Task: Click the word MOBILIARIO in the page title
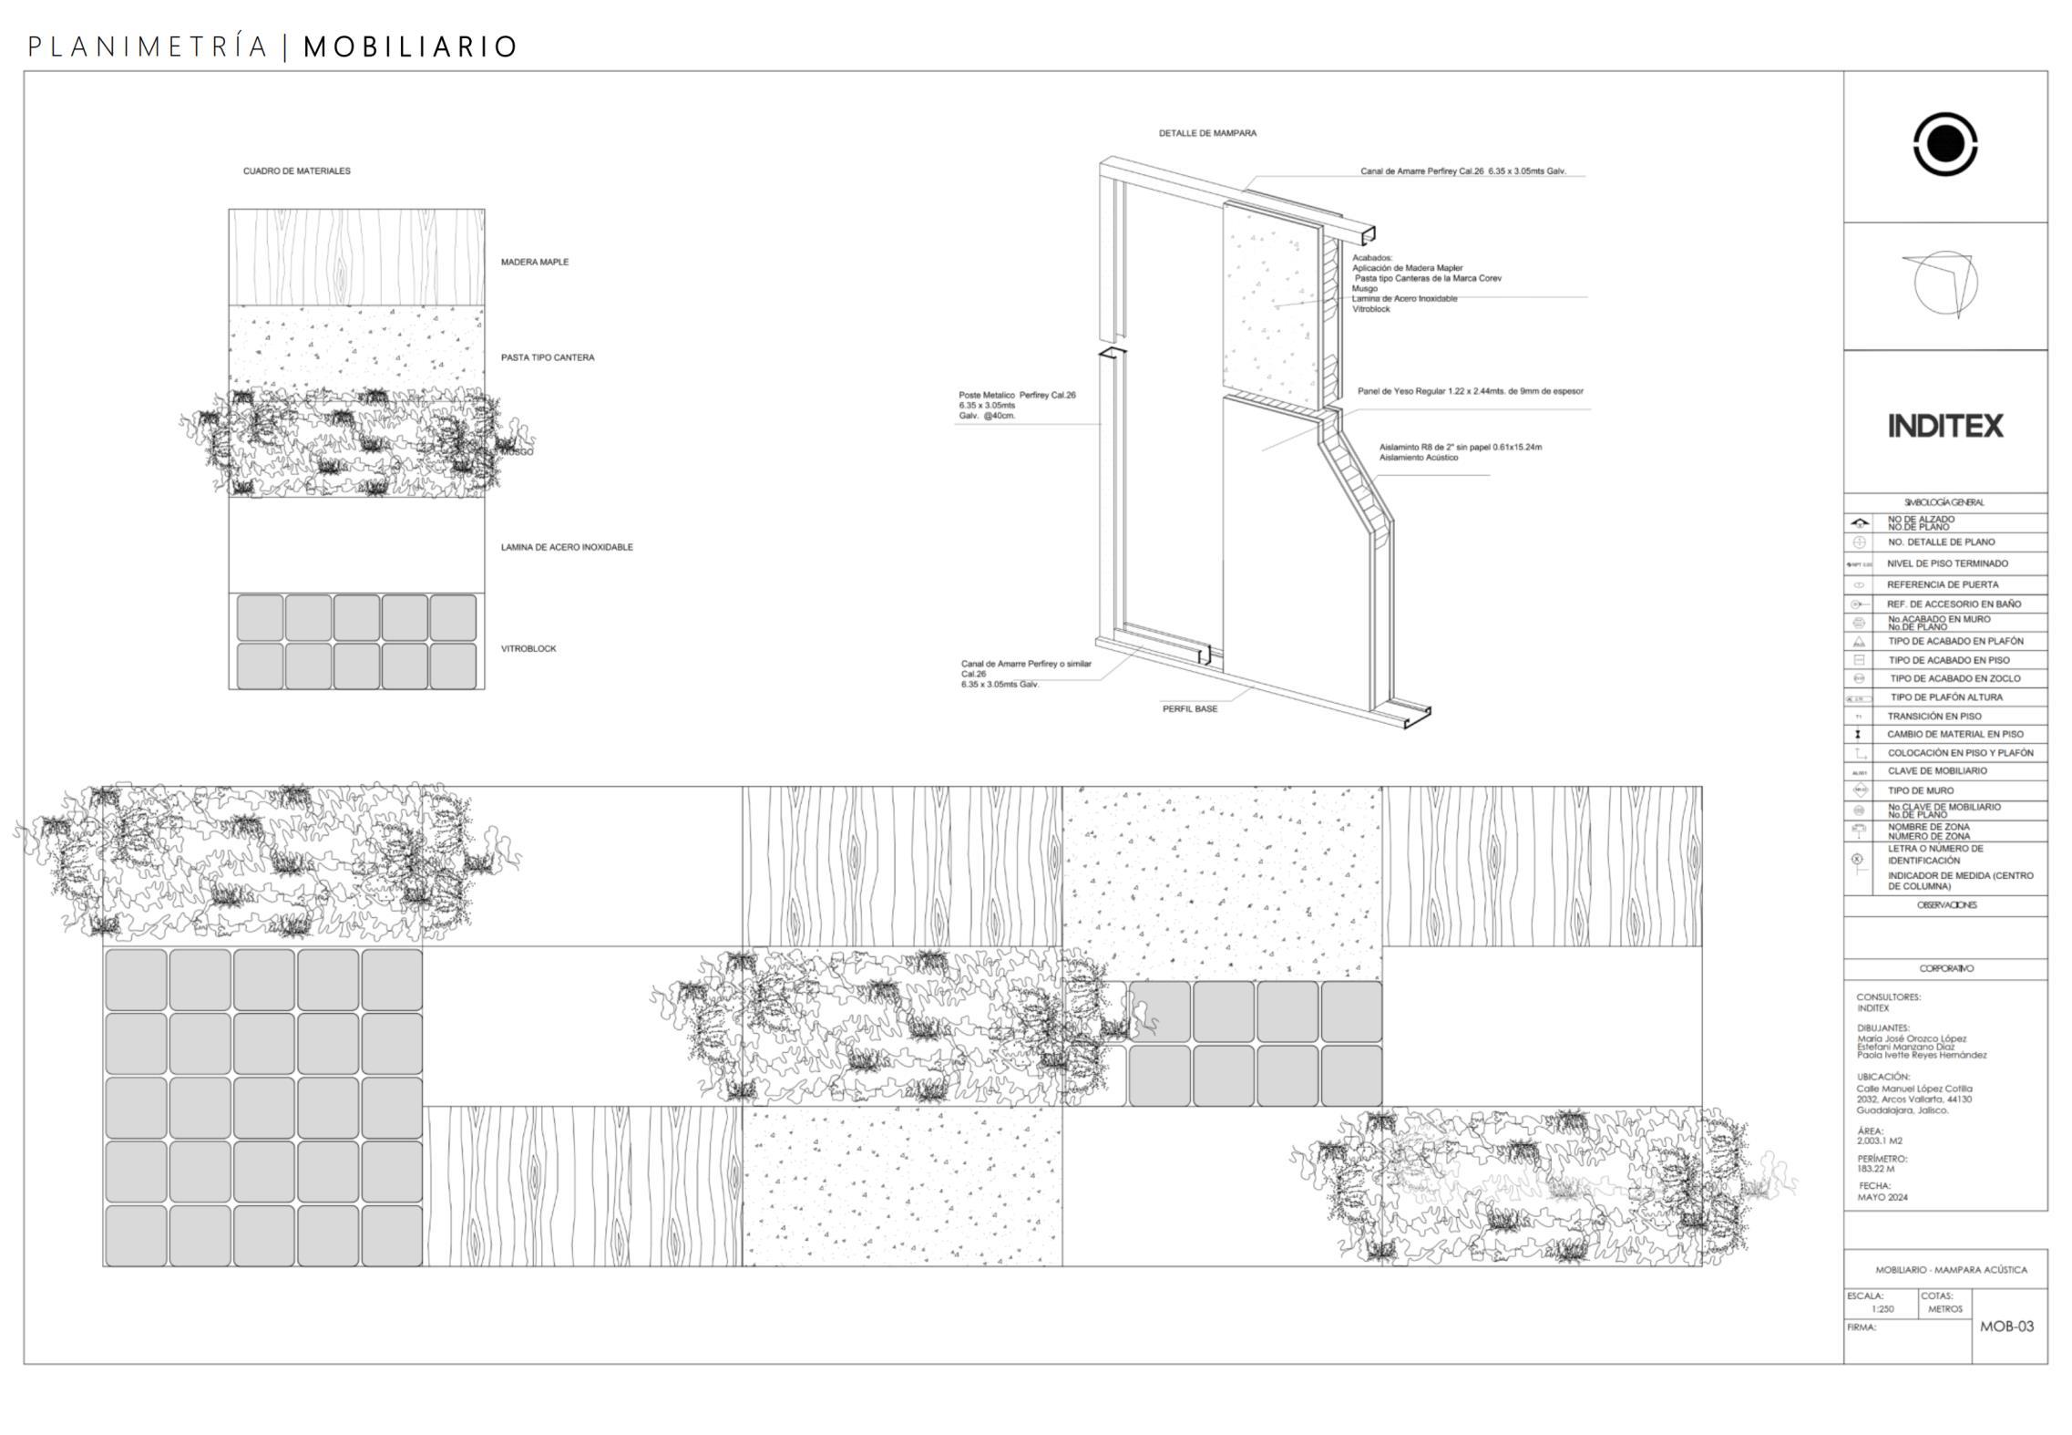tap(410, 46)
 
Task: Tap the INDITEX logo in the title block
tap(1944, 426)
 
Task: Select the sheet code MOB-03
tap(2006, 1327)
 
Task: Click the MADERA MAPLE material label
tap(534, 263)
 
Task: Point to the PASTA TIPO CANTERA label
tap(547, 358)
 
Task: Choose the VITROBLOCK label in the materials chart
tap(528, 649)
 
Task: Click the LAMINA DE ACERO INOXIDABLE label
tap(566, 548)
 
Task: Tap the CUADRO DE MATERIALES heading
tap(296, 171)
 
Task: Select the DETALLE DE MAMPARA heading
tap(1207, 133)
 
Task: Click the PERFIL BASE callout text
tap(1189, 709)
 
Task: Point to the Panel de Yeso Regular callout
tap(1470, 392)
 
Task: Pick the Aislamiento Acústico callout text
tap(1419, 458)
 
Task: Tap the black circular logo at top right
tap(1944, 144)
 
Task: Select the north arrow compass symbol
tap(1944, 284)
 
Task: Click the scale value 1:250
tap(1882, 1309)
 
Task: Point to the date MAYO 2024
tap(1882, 1197)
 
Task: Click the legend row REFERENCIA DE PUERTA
tap(1942, 585)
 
